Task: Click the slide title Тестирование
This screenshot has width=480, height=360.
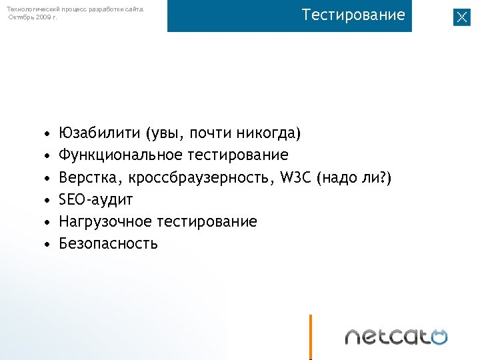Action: [353, 15]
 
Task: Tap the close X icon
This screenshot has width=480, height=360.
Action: [462, 17]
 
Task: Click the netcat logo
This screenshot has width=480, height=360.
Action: [396, 336]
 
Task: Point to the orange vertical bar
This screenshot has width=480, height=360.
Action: [310, 337]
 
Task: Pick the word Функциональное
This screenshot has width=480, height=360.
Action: [121, 155]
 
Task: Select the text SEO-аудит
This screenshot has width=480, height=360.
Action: [96, 199]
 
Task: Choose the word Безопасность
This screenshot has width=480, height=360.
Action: [108, 243]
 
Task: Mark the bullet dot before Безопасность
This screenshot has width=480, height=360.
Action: [47, 244]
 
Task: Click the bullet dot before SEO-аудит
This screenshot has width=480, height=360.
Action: [47, 200]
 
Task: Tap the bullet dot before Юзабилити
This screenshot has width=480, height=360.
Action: [47, 134]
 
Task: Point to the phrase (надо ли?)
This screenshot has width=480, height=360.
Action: [356, 177]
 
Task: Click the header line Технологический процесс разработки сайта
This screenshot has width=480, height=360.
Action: [75, 9]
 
